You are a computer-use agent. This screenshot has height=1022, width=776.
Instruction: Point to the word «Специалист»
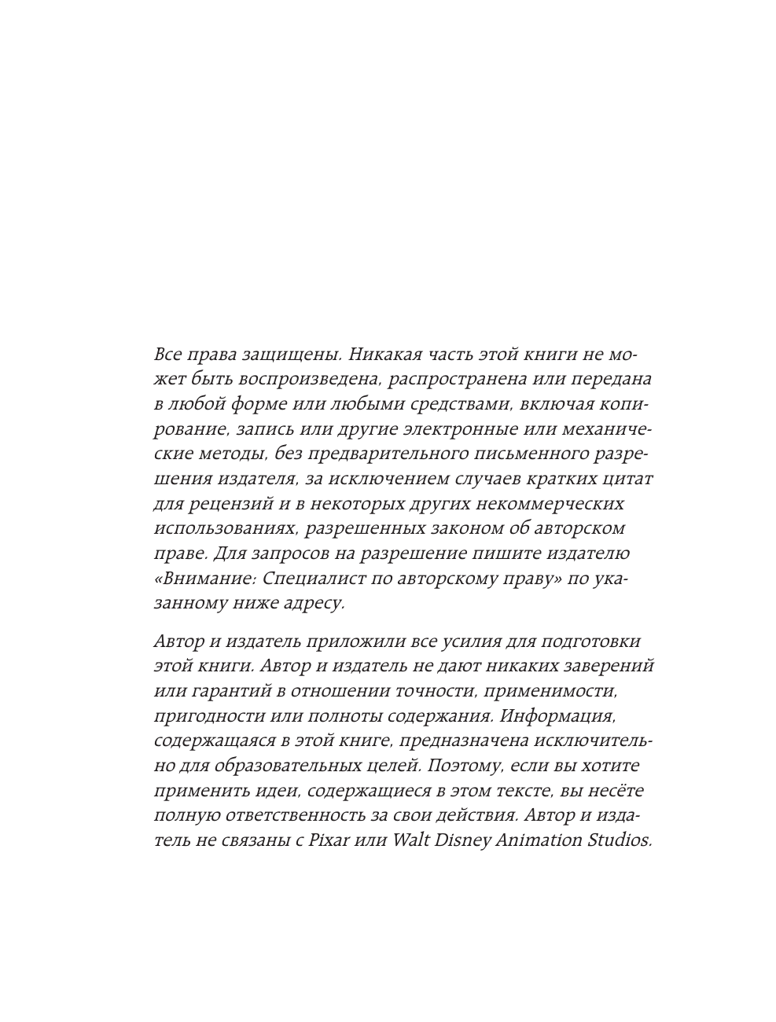coord(311,579)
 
